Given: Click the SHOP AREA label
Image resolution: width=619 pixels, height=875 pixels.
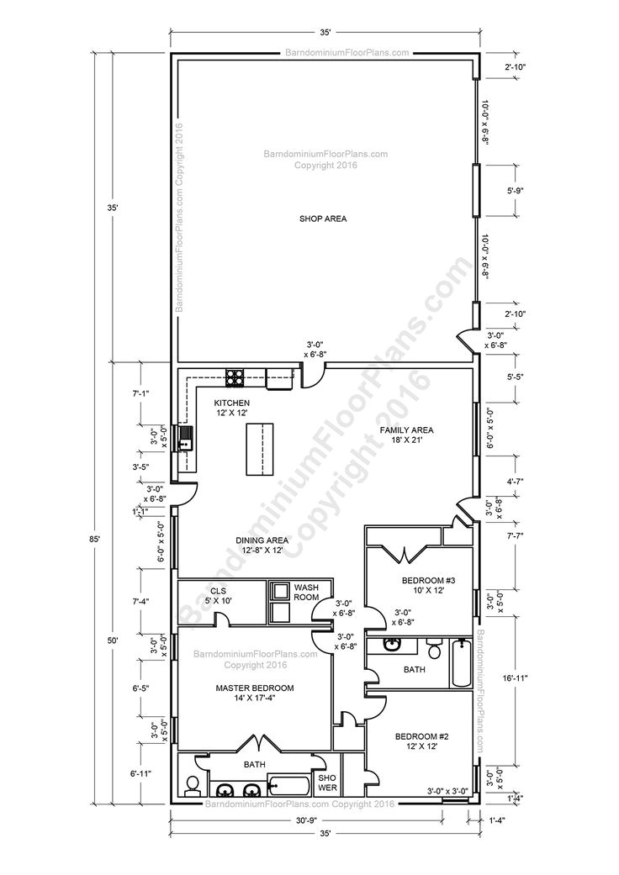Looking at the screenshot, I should pos(323,219).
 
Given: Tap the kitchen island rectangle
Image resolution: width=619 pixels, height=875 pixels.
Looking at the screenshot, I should pos(262,449).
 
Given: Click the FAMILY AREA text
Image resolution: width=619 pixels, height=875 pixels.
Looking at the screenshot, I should pos(405,434).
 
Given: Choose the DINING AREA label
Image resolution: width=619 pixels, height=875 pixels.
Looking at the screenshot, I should pos(262,546).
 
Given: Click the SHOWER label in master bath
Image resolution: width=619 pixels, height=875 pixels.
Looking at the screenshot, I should pos(326,783).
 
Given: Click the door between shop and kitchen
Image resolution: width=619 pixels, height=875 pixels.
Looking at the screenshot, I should pos(312,376).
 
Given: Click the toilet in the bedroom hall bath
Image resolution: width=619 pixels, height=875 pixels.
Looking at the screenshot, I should pos(434,649).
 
